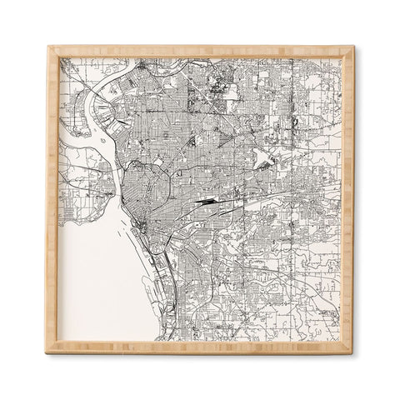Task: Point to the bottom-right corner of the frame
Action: (x=350, y=350)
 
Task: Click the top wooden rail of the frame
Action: (x=200, y=52)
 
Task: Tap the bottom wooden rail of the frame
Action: (x=200, y=347)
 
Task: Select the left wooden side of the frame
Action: (x=52, y=200)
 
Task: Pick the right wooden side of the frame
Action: (x=347, y=200)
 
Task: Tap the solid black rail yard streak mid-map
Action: (x=204, y=201)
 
